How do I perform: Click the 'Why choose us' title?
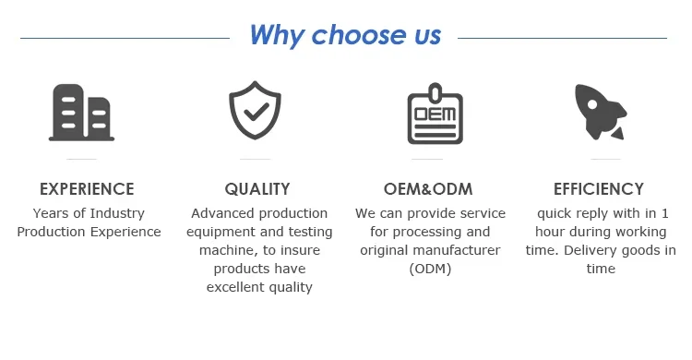[x=345, y=35]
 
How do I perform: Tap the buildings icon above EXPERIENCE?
[x=81, y=113]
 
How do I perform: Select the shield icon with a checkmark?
[x=255, y=111]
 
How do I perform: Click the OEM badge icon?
[x=435, y=114]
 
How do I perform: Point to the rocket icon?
[x=601, y=112]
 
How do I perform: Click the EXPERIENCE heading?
[x=87, y=189]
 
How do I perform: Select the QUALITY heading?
[x=257, y=189]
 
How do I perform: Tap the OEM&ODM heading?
[x=428, y=189]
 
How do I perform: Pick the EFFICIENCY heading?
[x=599, y=189]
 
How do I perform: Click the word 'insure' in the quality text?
[x=298, y=250]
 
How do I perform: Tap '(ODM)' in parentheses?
[x=430, y=269]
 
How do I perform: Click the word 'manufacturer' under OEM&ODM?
[x=457, y=250]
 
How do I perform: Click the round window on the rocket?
[x=592, y=104]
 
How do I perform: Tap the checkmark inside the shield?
[x=257, y=112]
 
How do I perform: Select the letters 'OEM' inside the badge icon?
[x=435, y=114]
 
